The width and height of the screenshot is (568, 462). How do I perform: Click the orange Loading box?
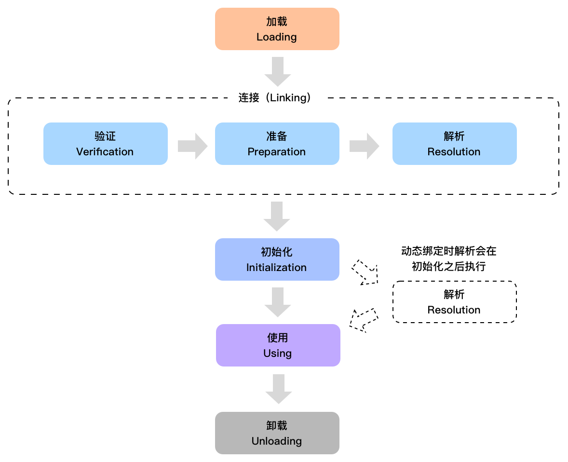277,29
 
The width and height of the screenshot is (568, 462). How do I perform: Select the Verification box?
105,144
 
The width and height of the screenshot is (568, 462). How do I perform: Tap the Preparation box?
277,144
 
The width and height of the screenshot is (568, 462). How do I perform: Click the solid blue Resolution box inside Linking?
454,144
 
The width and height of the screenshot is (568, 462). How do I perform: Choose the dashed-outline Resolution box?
454,302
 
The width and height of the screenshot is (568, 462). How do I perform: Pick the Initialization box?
277,259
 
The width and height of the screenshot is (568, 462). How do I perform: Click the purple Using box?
278,345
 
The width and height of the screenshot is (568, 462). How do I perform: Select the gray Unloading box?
277,433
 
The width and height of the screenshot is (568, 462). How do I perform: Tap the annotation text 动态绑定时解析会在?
448,251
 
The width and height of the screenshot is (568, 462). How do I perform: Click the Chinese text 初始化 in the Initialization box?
276,252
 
